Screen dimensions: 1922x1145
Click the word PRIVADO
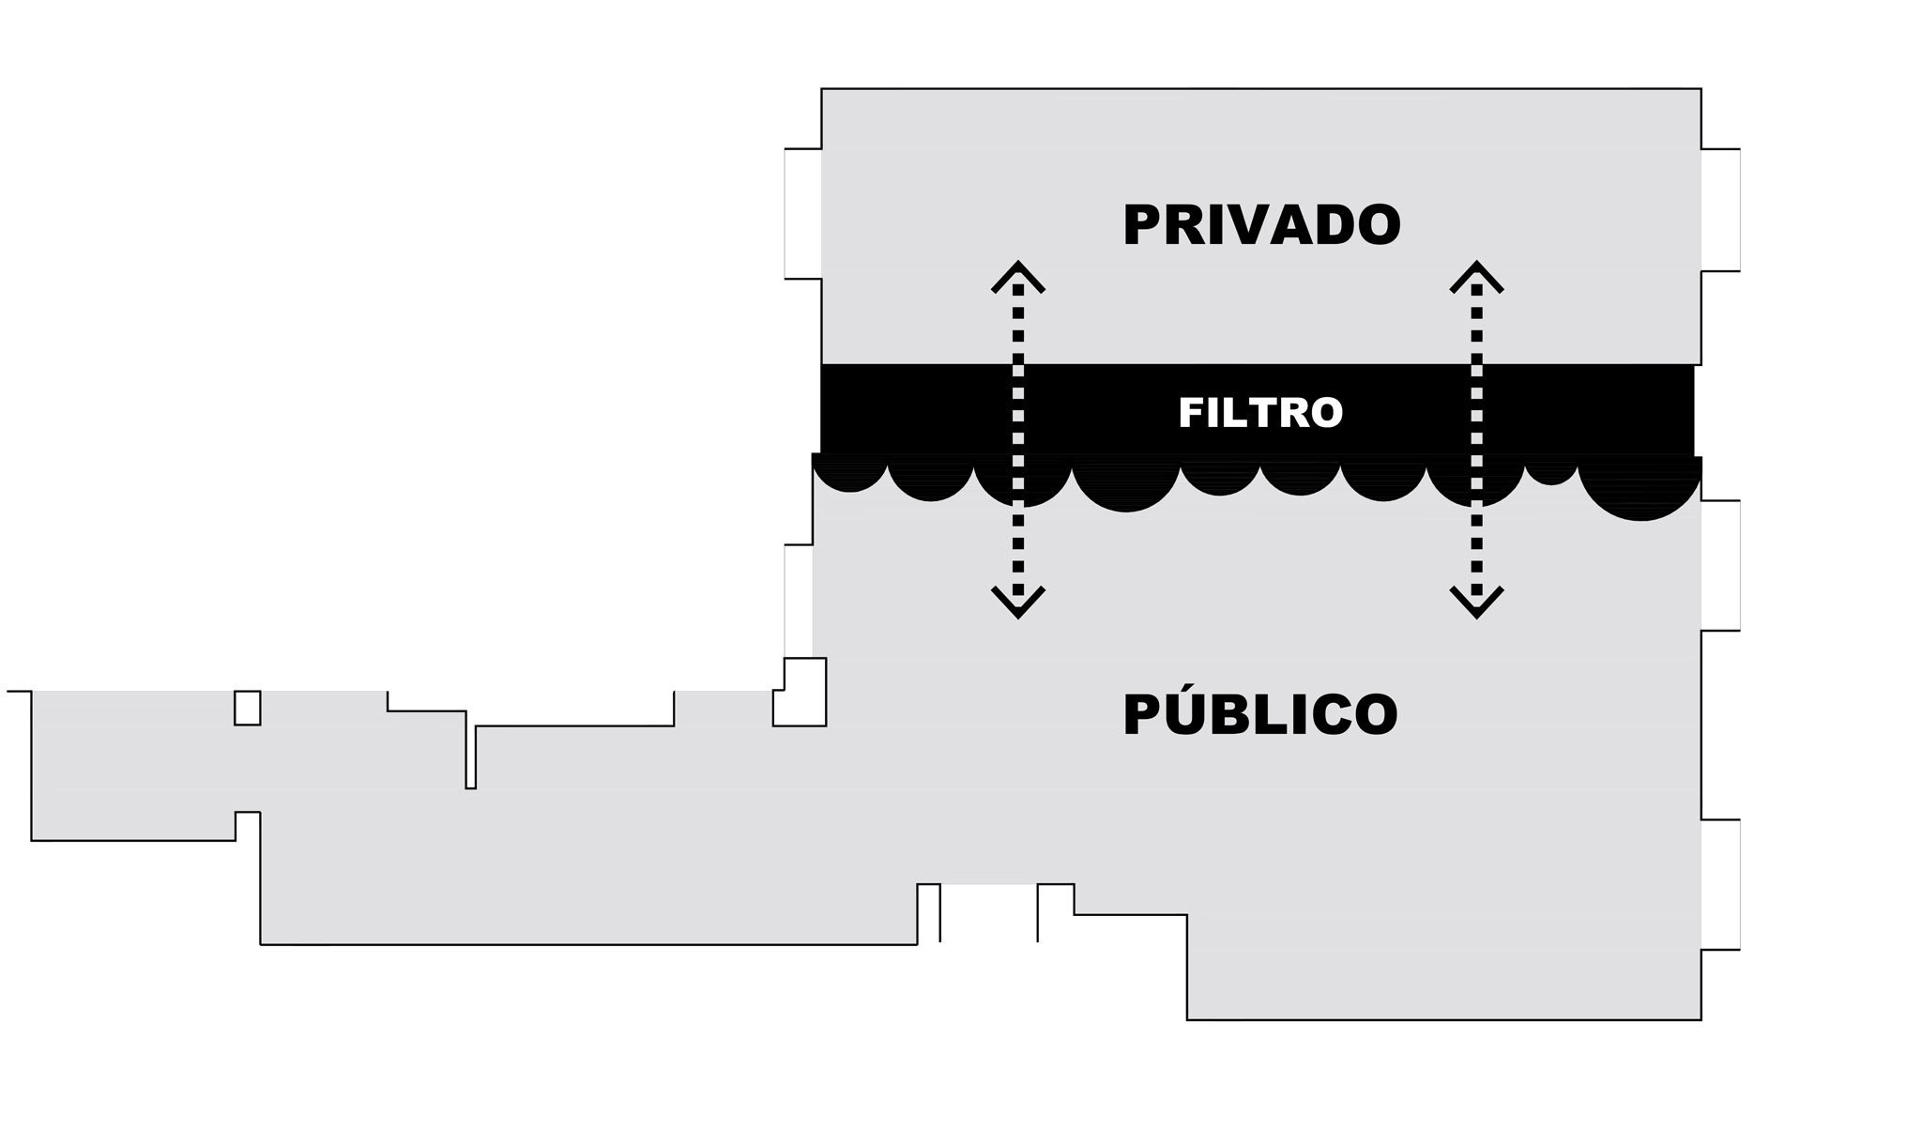(1261, 225)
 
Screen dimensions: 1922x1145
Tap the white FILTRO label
(1260, 413)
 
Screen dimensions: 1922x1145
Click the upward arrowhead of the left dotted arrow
(1018, 276)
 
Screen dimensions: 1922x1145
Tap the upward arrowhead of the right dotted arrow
(1476, 276)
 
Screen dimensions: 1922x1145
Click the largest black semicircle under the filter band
(1640, 488)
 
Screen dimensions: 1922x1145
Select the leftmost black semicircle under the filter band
(849, 474)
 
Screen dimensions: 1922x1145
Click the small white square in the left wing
(247, 708)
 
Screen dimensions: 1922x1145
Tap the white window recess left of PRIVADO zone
(803, 213)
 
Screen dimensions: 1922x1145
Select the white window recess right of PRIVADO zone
(1720, 210)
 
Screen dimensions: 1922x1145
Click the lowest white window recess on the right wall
(1720, 884)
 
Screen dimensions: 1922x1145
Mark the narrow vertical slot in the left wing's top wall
(471, 757)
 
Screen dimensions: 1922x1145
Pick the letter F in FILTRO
(1189, 413)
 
